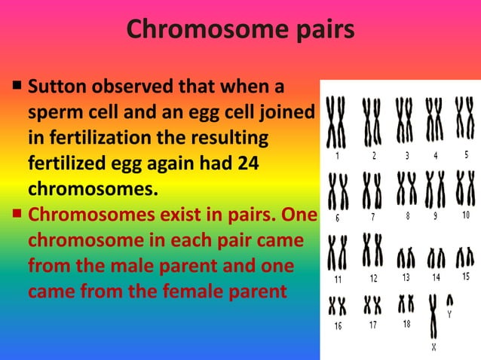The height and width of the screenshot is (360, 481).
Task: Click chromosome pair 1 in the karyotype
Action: pos(336,124)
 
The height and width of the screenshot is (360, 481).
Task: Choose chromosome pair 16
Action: pos(337,306)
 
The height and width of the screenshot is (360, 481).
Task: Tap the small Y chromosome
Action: pos(450,300)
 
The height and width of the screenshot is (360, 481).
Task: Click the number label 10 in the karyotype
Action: pos(464,215)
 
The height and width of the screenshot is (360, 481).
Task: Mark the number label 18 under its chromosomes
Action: pos(406,324)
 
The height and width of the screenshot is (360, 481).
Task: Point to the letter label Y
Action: pos(449,315)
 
